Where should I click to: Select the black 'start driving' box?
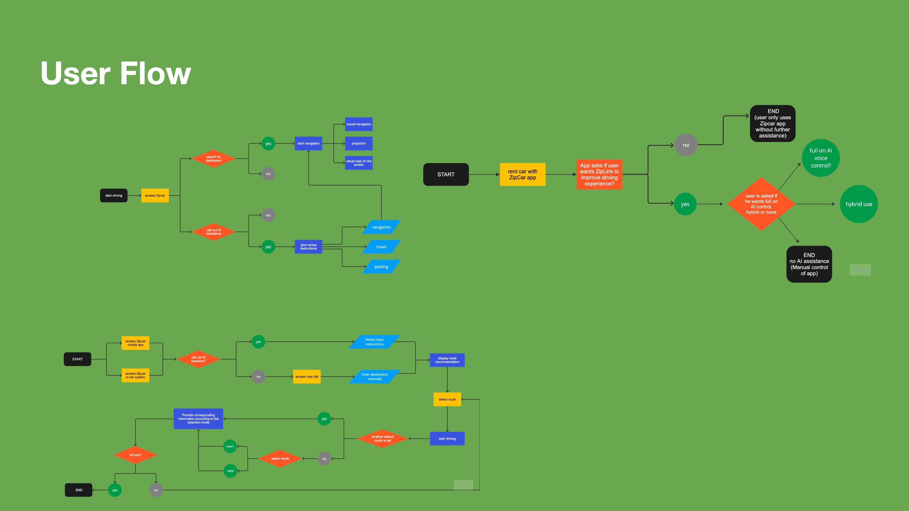point(114,195)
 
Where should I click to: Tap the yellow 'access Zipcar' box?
point(155,195)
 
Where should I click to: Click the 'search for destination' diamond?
point(213,159)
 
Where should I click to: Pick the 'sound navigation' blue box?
point(359,124)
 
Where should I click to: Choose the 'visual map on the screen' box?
point(359,163)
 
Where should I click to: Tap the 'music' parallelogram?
point(381,247)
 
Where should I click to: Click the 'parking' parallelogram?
point(381,267)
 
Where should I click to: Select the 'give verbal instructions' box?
point(308,247)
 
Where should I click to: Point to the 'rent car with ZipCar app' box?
point(522,174)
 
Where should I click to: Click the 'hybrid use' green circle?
point(858,204)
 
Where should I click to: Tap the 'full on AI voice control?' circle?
point(820,158)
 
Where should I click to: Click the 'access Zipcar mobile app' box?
point(135,343)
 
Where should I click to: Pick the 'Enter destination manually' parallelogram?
point(374,377)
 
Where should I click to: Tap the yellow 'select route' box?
point(447,399)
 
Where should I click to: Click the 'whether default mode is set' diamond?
point(382,439)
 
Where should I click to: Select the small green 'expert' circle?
point(230,446)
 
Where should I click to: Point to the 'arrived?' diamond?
point(135,455)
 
